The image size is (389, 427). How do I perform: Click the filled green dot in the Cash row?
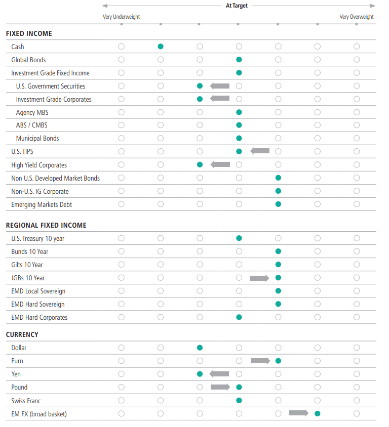point(161,47)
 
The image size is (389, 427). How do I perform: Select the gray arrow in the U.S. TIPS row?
point(260,151)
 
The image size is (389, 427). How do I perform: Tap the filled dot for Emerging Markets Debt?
point(278,204)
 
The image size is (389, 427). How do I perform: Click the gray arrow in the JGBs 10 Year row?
point(259,278)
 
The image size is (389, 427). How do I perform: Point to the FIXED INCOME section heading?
point(29,34)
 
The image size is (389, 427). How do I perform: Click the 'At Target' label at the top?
point(237,6)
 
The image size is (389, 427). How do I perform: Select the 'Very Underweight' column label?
point(122,17)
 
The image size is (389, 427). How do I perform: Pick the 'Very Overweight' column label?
point(357,17)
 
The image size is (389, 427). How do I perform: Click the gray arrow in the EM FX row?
point(299,413)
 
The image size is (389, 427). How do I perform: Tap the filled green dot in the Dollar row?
point(200,348)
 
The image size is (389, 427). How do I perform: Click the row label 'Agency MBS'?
point(32,112)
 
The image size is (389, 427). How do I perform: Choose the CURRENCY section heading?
point(22,334)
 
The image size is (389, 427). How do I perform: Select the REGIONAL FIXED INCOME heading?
point(46,225)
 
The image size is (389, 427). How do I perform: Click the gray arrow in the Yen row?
point(219,374)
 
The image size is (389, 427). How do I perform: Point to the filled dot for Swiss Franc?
point(239,400)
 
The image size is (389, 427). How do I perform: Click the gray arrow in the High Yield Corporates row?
point(220,164)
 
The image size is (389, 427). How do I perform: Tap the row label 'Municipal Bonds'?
point(37,139)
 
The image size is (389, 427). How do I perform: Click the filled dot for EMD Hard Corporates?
point(239,317)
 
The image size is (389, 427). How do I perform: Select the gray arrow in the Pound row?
point(220,387)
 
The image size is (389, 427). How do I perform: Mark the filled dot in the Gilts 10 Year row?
point(278,265)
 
